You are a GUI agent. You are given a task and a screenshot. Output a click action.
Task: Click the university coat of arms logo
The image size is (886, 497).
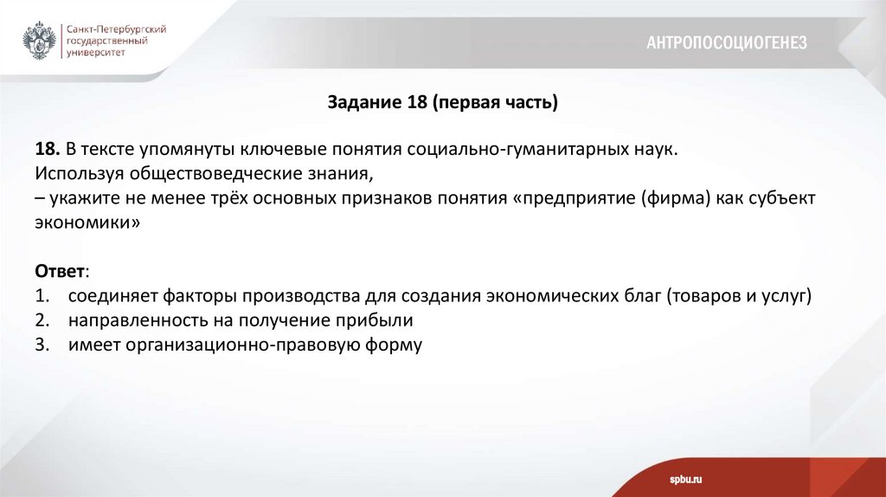[x=40, y=41]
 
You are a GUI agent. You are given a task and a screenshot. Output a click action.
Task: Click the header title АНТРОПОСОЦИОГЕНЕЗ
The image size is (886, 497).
[x=726, y=42]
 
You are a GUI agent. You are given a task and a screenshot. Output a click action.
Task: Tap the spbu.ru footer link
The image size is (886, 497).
[x=684, y=479]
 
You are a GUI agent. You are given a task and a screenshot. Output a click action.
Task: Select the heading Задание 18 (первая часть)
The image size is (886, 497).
[x=443, y=103]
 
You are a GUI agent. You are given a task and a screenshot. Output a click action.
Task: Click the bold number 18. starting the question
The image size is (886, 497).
[x=48, y=149]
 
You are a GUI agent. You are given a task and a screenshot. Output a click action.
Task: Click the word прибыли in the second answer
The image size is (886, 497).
[x=376, y=320]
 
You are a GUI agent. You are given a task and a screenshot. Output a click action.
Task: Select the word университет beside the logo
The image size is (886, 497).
[x=96, y=52]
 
